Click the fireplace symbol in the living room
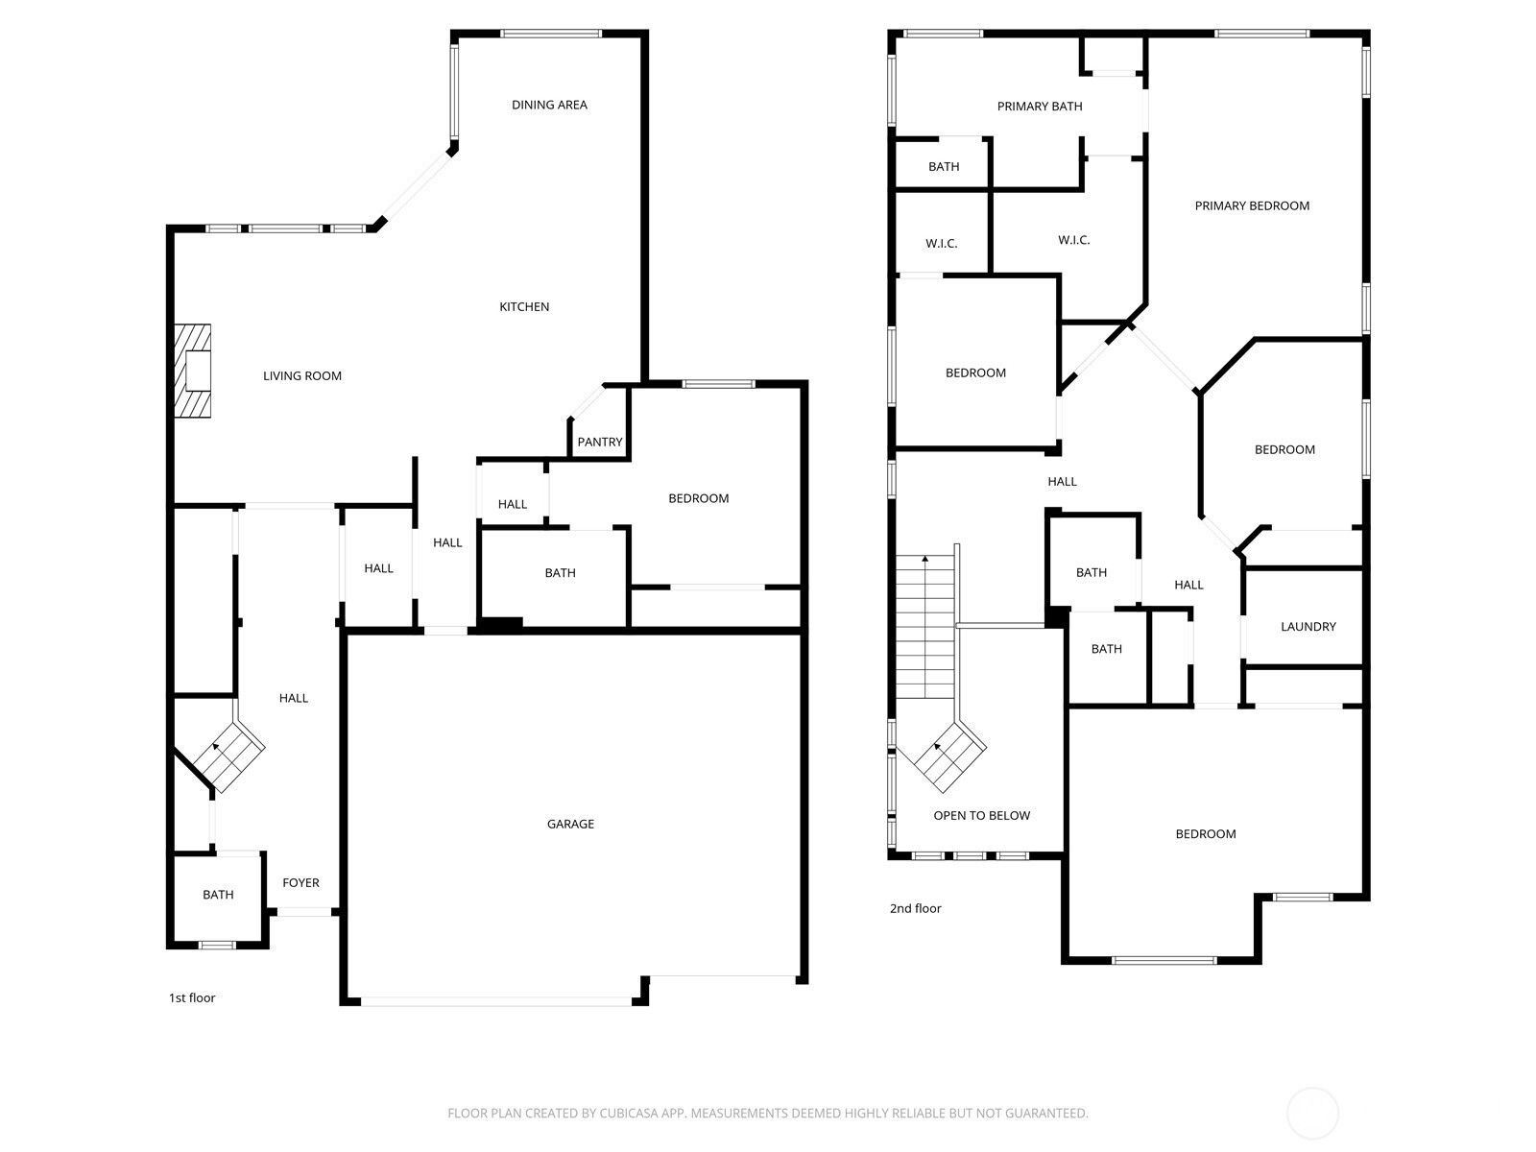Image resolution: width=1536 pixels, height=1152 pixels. pyautogui.click(x=192, y=371)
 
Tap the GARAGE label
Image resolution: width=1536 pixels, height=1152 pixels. pyautogui.click(x=570, y=824)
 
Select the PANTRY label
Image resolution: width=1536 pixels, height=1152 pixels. pyautogui.click(x=600, y=442)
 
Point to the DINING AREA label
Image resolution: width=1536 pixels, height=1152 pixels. pyautogui.click(x=549, y=105)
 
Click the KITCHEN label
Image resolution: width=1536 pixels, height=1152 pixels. pyautogui.click(x=524, y=307)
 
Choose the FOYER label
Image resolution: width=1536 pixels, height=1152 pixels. pyautogui.click(x=300, y=882)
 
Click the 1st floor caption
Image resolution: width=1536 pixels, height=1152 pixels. pyautogui.click(x=192, y=998)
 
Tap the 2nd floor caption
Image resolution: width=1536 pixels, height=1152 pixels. pyautogui.click(x=915, y=908)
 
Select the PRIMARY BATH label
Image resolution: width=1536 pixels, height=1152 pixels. pyautogui.click(x=1040, y=107)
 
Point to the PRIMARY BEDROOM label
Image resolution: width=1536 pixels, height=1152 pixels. pyautogui.click(x=1252, y=205)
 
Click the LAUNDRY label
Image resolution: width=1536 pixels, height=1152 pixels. pyautogui.click(x=1308, y=627)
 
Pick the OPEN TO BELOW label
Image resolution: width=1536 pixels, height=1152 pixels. pyautogui.click(x=982, y=816)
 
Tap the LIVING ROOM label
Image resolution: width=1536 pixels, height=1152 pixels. pyautogui.click(x=302, y=376)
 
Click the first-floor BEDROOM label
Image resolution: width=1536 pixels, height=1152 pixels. pyautogui.click(x=698, y=498)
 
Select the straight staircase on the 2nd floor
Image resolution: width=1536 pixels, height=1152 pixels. pyautogui.click(x=925, y=627)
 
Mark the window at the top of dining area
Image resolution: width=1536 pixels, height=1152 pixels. pyautogui.click(x=551, y=34)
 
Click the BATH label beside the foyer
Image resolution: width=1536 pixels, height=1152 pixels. pyautogui.click(x=218, y=895)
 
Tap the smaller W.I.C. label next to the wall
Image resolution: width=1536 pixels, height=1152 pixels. pyautogui.click(x=941, y=244)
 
